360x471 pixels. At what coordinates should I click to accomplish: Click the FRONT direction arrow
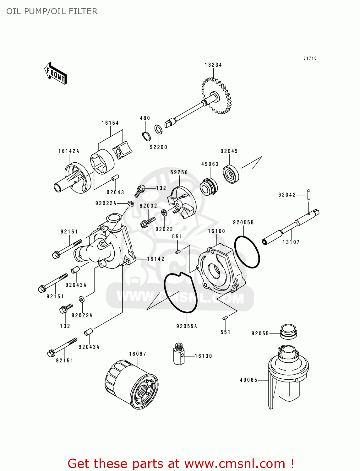(56, 73)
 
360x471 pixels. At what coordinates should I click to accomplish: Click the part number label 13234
(213, 65)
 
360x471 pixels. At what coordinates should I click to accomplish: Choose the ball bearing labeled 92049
(231, 174)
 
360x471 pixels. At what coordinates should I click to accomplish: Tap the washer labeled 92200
(159, 129)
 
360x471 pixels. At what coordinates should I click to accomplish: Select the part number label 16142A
(69, 151)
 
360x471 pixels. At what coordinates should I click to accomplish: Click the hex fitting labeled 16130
(179, 354)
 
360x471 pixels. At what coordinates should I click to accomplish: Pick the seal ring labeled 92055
(288, 332)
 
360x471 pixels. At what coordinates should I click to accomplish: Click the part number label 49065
(248, 380)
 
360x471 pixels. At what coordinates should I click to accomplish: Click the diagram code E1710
(310, 58)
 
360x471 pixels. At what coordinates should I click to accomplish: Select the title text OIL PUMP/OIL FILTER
(52, 11)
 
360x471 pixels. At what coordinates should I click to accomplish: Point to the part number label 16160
(216, 231)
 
